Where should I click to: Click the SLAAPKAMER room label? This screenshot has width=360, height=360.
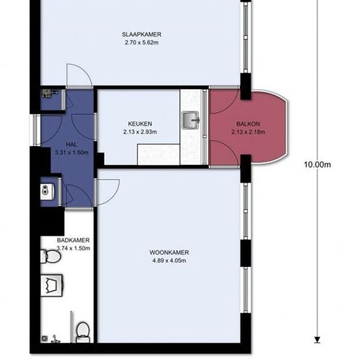click(141, 35)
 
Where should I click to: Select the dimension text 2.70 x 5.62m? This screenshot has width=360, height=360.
click(141, 43)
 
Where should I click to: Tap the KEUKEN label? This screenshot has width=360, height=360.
click(140, 124)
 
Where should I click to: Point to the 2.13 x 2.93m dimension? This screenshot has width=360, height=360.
click(140, 132)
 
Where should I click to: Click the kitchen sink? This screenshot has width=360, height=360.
click(190, 120)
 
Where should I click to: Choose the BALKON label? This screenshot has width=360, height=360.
click(248, 124)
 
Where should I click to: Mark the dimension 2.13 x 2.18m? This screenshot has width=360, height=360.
click(248, 132)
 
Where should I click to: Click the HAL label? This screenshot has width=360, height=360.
click(71, 145)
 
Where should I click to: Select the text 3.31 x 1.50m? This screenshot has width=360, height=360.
click(71, 153)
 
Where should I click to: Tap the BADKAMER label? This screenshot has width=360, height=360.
click(73, 240)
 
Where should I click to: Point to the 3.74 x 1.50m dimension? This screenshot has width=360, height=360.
click(73, 248)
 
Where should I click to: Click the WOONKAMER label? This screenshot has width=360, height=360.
click(170, 252)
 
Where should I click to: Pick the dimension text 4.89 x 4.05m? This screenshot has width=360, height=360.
click(170, 261)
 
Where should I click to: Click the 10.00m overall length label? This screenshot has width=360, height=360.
click(317, 164)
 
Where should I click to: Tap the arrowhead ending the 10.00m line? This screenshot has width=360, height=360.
click(317, 340)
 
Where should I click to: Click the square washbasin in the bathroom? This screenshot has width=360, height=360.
click(52, 285)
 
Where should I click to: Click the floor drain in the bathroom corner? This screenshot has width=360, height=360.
click(45, 338)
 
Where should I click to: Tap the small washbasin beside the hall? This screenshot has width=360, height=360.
click(47, 192)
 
